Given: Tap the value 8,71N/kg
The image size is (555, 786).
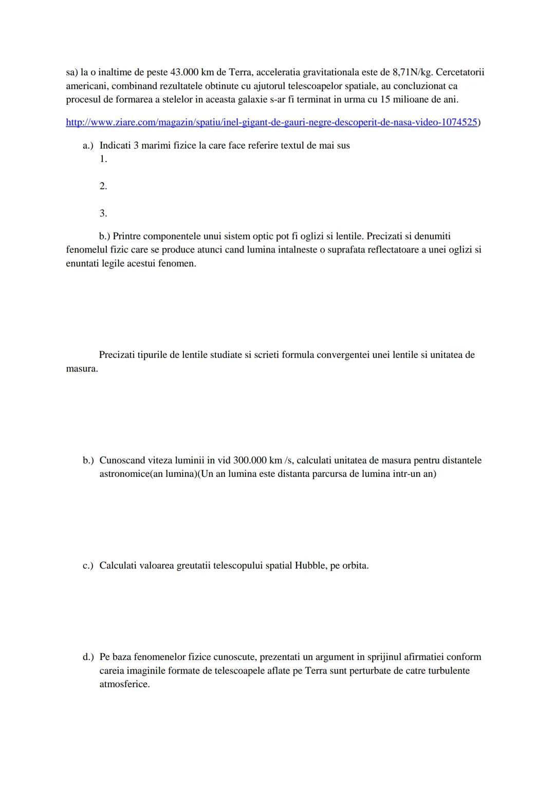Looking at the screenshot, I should coord(408,72).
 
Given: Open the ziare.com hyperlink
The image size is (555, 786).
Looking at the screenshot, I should coord(271,123).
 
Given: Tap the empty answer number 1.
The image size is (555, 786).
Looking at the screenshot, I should coord(103,159).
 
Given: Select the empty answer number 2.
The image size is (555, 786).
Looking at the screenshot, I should coord(103,186).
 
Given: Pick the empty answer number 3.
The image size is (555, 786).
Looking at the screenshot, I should coord(103,213).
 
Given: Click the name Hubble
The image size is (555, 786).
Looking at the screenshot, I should coord(310,566).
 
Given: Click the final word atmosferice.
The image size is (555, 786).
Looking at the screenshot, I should coord(124,685).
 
